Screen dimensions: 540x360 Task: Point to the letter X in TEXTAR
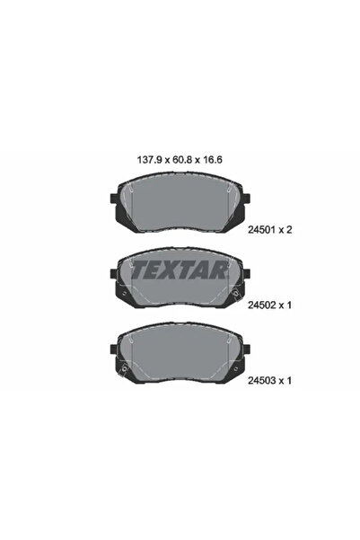click(165, 270)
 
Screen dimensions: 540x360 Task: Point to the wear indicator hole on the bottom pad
click(117, 365)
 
